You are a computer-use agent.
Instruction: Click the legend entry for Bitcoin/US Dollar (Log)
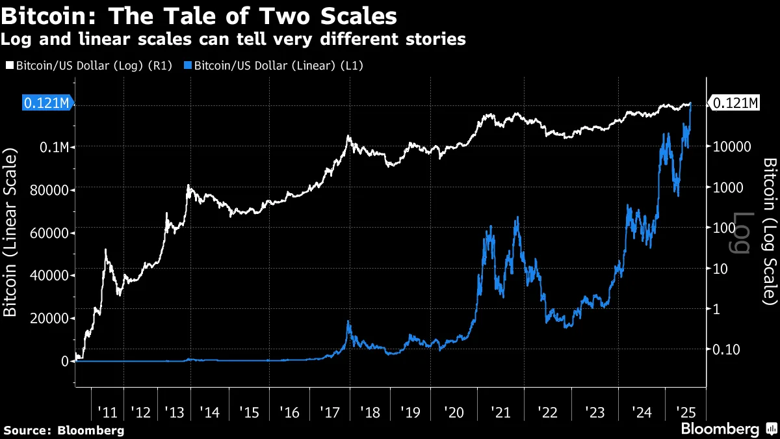tap(89, 65)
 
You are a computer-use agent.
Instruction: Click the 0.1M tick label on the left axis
tap(55, 147)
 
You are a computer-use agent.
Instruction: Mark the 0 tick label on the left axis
tap(65, 361)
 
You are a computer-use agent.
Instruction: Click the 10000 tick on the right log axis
tap(731, 147)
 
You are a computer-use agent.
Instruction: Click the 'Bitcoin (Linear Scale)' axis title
tap(10, 232)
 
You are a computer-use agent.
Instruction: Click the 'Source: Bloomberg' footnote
tap(64, 430)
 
